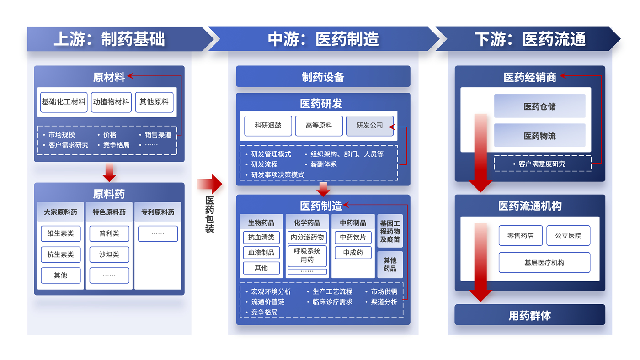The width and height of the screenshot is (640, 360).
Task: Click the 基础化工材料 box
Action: pyautogui.click(x=64, y=102)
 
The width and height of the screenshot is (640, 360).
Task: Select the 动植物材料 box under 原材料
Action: pyautogui.click(x=111, y=102)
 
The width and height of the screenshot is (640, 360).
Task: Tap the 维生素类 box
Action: pyautogui.click(x=60, y=233)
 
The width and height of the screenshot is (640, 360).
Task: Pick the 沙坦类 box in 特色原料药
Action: pyautogui.click(x=109, y=254)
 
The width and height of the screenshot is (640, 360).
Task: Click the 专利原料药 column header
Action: pyautogui.click(x=158, y=212)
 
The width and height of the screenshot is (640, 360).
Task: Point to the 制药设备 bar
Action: pyautogui.click(x=323, y=77)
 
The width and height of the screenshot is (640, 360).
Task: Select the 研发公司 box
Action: pyautogui.click(x=370, y=126)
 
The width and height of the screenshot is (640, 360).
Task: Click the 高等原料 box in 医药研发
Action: pyautogui.click(x=319, y=126)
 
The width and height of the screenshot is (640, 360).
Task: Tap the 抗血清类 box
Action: pyautogui.click(x=261, y=237)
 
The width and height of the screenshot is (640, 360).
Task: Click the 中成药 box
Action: pyautogui.click(x=353, y=253)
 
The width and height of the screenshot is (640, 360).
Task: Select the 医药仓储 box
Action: pyautogui.click(x=539, y=106)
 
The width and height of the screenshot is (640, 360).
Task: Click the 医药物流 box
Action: pyautogui.click(x=539, y=136)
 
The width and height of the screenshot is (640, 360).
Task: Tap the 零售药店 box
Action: pyautogui.click(x=521, y=236)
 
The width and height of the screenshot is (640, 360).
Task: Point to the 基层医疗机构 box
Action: pyautogui.click(x=544, y=263)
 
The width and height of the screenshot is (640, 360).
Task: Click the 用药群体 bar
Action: pyautogui.click(x=529, y=315)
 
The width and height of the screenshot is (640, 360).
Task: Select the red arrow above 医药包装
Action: pyautogui.click(x=210, y=184)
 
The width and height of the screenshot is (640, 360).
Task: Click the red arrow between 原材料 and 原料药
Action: pyautogui.click(x=109, y=172)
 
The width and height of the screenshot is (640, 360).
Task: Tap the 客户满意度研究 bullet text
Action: pyautogui.click(x=542, y=164)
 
